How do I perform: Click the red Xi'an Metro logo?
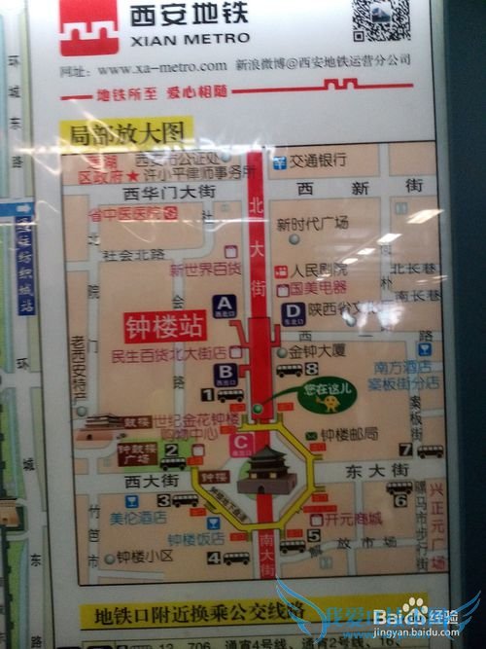(x=88, y=27)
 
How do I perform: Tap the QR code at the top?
(x=380, y=19)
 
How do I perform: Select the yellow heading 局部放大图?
(x=125, y=131)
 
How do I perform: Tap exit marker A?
(x=225, y=305)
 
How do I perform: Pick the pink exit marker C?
(x=242, y=445)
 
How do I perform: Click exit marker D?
(x=294, y=312)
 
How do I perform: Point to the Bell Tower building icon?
(x=267, y=471)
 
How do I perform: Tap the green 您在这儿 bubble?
(x=327, y=395)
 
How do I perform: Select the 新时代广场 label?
(x=313, y=224)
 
